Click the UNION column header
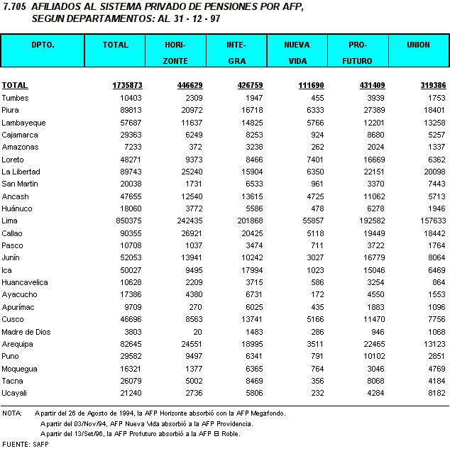pyautogui.click(x=418, y=45)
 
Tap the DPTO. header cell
pyautogui.click(x=43, y=45)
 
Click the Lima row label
pyautogui.click(x=10, y=221)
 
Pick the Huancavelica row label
pyautogui.click(x=23, y=282)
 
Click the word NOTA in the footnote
pyautogui.click(x=12, y=412)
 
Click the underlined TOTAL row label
pyautogui.click(x=15, y=85)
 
